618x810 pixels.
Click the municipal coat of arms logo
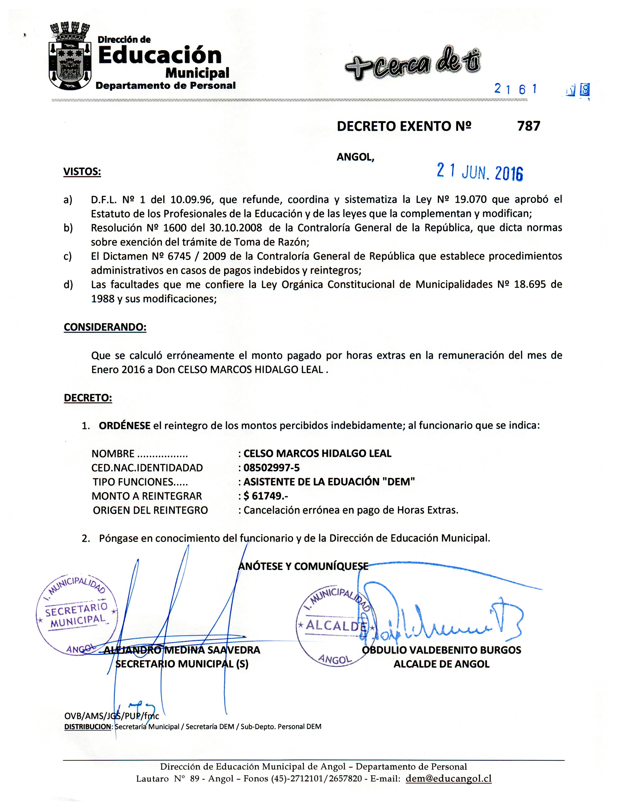click(x=70, y=57)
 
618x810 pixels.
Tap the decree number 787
click(x=529, y=126)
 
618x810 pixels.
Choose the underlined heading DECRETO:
click(x=88, y=398)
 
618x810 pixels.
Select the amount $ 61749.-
click(x=266, y=496)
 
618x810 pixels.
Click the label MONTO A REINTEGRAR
click(x=147, y=496)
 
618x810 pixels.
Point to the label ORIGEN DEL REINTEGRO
click(x=150, y=510)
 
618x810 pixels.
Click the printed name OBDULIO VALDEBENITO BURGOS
click(x=441, y=650)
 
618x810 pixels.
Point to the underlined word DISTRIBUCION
click(x=88, y=727)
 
